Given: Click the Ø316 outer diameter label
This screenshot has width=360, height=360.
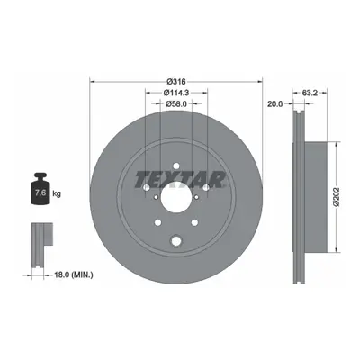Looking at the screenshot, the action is (x=176, y=81).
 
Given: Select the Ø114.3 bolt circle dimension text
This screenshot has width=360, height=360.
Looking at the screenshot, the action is (x=176, y=93).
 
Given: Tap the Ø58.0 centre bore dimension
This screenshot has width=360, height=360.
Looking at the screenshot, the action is (x=176, y=103).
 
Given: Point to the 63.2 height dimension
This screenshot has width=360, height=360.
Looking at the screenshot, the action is (x=310, y=93).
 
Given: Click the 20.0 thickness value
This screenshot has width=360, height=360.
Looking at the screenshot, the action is (x=275, y=104).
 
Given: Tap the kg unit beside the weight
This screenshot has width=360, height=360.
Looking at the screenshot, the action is (x=57, y=193).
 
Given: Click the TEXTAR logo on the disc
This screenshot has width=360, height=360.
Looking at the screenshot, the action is (x=180, y=179).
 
